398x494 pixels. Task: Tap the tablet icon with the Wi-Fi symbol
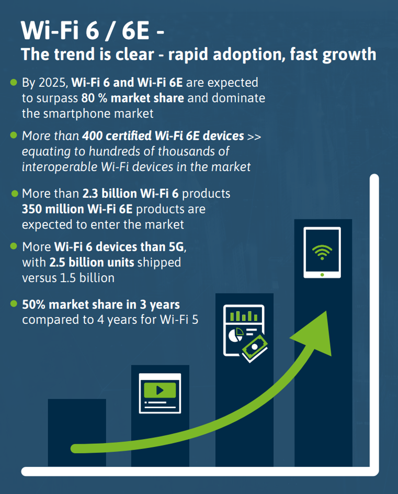click(x=322, y=252)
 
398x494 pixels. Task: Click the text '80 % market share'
click(x=132, y=98)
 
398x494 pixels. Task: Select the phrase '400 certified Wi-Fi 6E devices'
click(x=163, y=136)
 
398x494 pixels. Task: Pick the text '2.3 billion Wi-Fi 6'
click(x=131, y=194)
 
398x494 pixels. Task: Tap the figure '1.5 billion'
click(x=89, y=277)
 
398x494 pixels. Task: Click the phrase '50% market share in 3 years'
click(x=101, y=305)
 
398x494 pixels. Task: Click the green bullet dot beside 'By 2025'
click(x=14, y=83)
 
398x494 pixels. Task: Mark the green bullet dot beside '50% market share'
click(x=14, y=304)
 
